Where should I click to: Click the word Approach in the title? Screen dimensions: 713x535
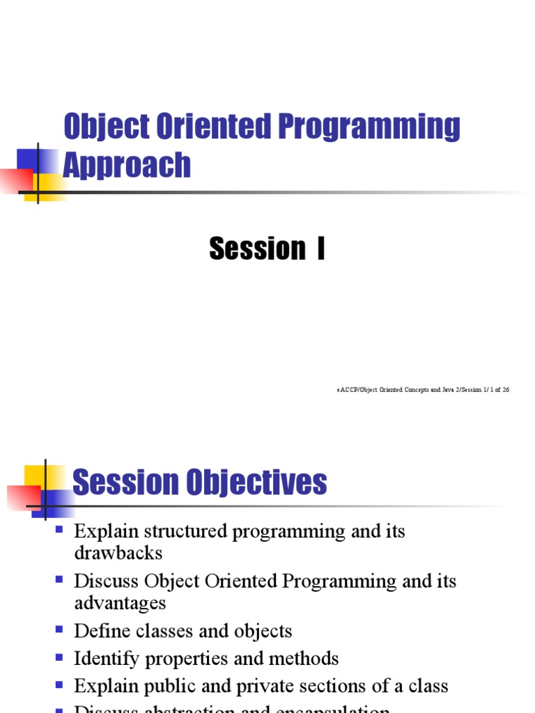[x=127, y=166]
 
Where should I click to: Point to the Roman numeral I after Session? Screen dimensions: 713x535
[x=320, y=249]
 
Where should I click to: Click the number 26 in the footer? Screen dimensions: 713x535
[x=505, y=390]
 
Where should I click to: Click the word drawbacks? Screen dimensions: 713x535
[x=118, y=553]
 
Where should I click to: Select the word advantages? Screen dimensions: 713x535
[x=121, y=602]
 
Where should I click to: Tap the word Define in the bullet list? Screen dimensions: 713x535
[x=102, y=631]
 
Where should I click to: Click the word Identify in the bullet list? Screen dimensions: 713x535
[x=107, y=658]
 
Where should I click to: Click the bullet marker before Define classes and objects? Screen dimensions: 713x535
[x=59, y=629]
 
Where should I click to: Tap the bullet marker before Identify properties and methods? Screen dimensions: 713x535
[x=59, y=657]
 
